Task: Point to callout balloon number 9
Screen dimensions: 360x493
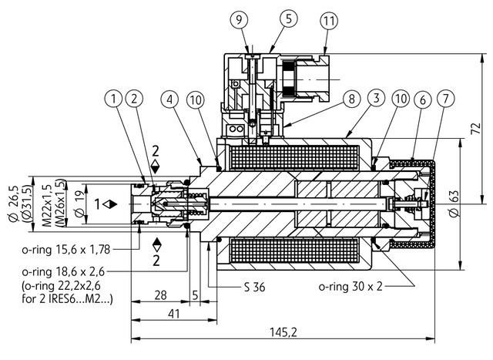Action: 239,17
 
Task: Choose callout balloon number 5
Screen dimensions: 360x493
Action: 267,17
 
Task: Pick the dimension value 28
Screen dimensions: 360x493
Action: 160,295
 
